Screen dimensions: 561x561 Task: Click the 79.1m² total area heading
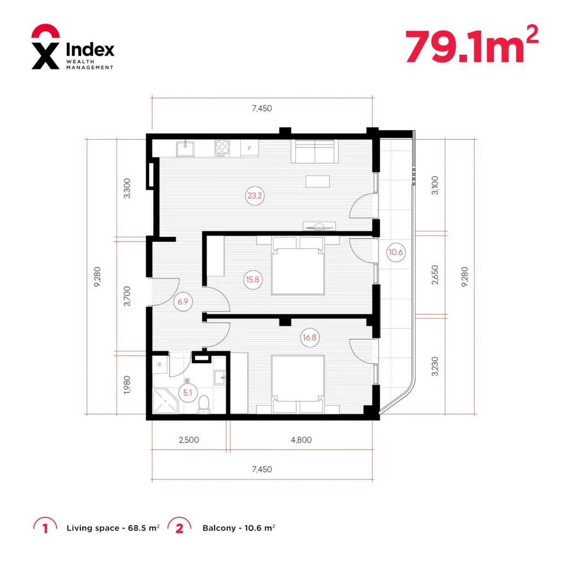click(x=472, y=44)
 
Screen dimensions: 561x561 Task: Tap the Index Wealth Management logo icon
click(x=45, y=47)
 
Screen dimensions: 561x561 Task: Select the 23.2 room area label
click(x=255, y=196)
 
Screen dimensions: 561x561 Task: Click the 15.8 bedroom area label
click(x=253, y=279)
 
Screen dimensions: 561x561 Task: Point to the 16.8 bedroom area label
click(x=310, y=337)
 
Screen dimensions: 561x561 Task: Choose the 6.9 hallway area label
click(x=183, y=302)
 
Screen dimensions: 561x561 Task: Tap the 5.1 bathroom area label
click(x=188, y=392)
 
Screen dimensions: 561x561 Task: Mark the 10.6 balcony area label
click(x=396, y=252)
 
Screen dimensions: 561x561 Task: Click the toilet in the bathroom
click(x=204, y=405)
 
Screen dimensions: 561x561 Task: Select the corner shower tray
click(x=165, y=401)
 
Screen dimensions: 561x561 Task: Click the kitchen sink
click(x=185, y=149)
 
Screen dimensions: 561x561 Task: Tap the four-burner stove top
click(x=222, y=148)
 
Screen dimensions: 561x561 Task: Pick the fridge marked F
click(x=249, y=148)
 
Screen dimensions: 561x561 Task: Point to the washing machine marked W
click(x=159, y=364)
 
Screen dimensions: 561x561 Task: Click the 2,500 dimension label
click(x=189, y=440)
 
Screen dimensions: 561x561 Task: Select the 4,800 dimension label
click(x=301, y=440)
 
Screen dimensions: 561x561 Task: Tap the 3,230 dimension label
click(x=434, y=367)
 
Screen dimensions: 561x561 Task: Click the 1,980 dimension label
click(x=127, y=385)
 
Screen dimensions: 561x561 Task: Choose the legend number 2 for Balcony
click(x=179, y=528)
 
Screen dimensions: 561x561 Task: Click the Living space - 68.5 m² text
click(x=113, y=528)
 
